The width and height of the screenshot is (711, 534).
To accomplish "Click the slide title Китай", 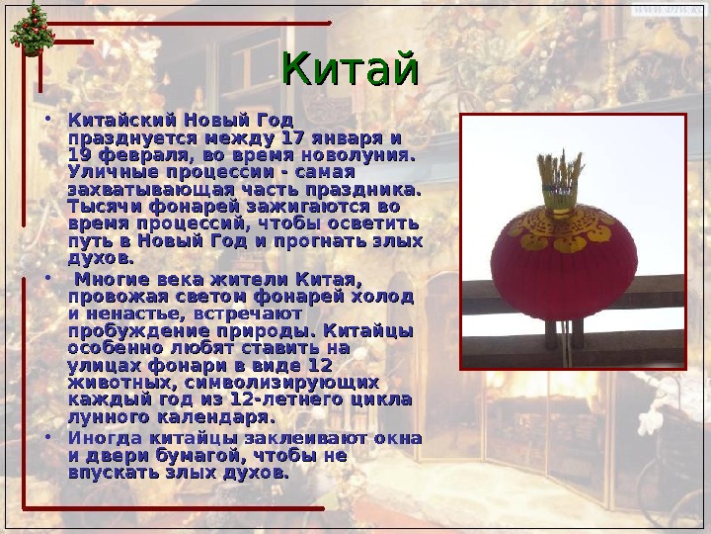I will point(351,71).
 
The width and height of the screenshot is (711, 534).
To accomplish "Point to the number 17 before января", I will point(292,137).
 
